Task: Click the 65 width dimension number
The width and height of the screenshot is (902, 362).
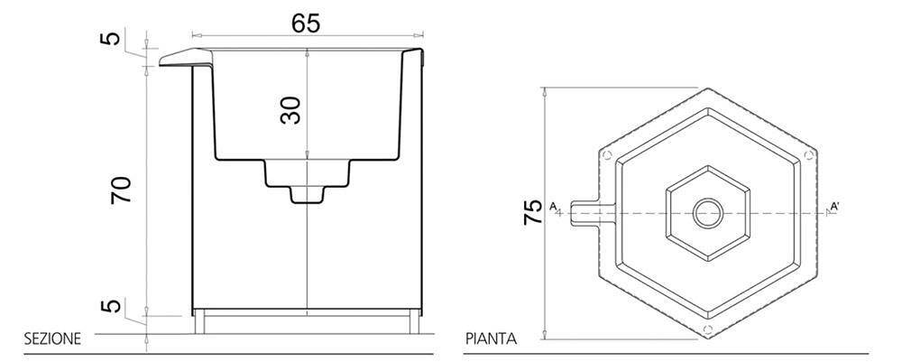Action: (306, 22)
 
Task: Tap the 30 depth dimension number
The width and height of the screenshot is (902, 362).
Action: (290, 110)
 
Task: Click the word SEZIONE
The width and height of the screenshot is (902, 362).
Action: (52, 339)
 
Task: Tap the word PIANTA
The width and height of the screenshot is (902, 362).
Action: (491, 339)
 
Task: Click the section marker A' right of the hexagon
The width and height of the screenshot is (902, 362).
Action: (836, 208)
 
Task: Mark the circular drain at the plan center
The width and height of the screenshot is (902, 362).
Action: (707, 213)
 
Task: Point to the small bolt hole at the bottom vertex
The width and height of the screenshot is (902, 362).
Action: (707, 329)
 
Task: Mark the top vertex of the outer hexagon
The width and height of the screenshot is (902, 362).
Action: (707, 88)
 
